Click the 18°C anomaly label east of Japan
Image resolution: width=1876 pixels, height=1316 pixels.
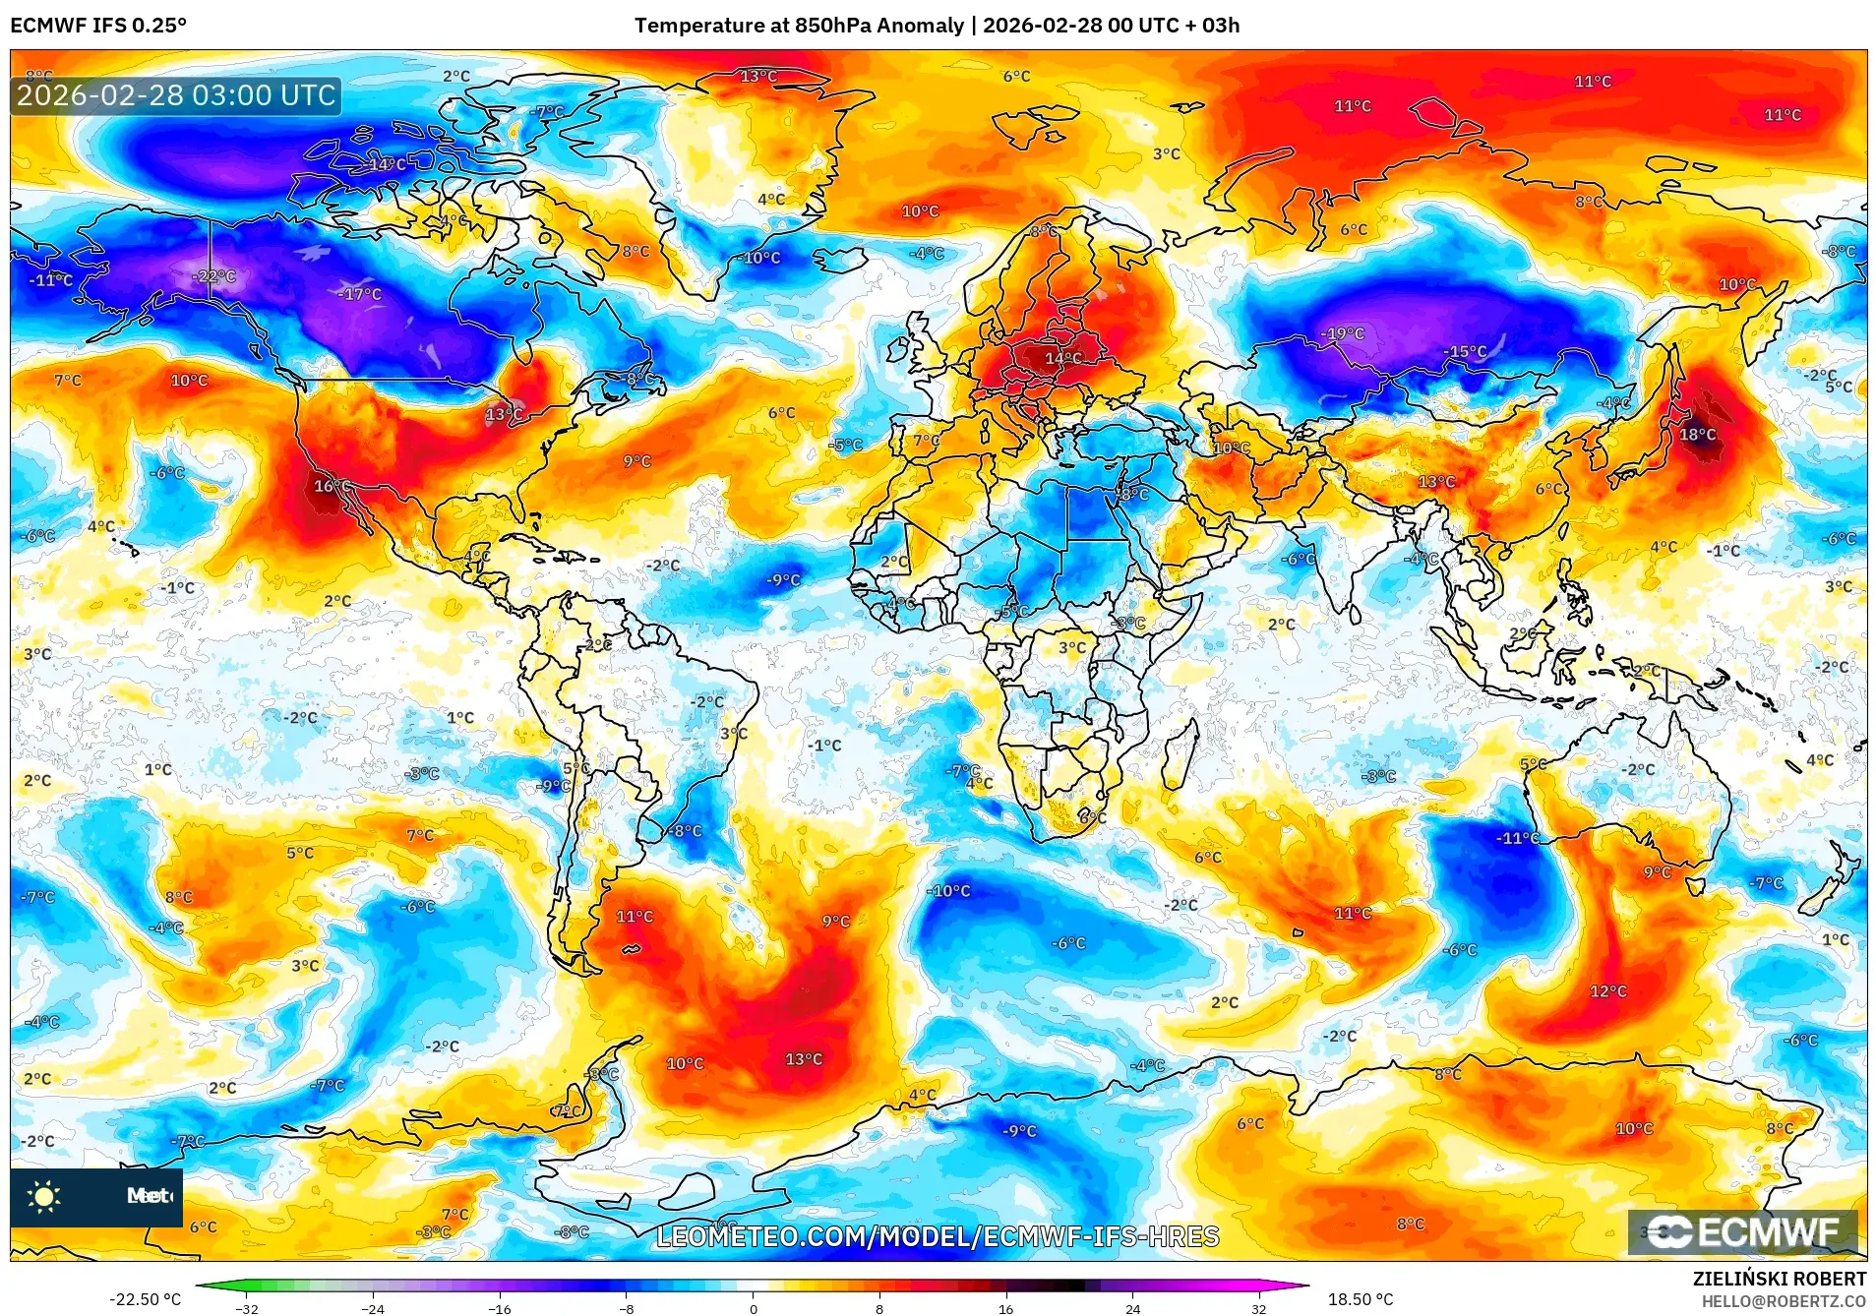pos(1697,435)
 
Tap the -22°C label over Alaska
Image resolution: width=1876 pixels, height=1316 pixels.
pos(214,276)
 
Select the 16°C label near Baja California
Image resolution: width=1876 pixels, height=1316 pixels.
pos(330,486)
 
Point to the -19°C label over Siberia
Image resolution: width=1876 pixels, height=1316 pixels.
pos(1343,334)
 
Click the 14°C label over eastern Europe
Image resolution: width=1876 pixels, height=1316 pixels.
pos(1062,359)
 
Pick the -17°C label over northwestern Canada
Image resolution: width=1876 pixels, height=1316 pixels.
pos(359,294)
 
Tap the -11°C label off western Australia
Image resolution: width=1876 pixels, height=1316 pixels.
pos(1517,838)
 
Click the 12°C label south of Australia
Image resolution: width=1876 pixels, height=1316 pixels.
pos(1607,991)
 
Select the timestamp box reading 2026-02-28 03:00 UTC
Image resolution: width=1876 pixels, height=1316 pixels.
pos(176,95)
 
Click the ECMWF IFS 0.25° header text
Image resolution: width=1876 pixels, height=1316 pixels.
pos(98,26)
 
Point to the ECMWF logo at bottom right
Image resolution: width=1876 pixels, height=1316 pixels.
pos(1742,1232)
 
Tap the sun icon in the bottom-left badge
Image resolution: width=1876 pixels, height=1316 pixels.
pos(44,1196)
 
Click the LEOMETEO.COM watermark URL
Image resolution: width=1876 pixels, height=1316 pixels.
pos(937,1236)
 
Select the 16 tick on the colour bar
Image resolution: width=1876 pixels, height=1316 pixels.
pos(1005,1309)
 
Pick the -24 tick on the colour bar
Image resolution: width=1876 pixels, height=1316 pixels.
pos(373,1309)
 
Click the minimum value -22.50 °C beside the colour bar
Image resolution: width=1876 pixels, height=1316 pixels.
pos(145,1299)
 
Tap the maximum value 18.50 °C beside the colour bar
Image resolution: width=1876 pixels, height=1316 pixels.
pos(1360,1299)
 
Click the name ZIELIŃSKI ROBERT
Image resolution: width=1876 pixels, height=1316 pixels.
pos(1779,1279)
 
